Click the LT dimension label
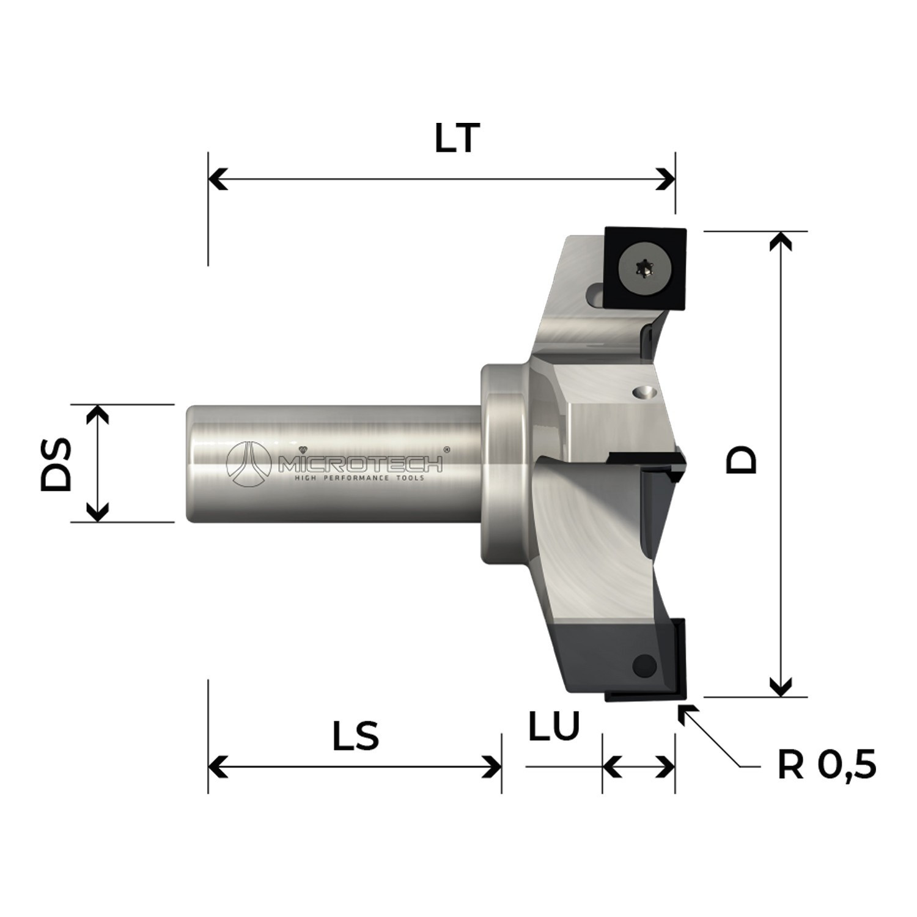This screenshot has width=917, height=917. (x=457, y=139)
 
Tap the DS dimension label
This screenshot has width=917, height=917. (x=56, y=463)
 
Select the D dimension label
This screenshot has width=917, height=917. (x=741, y=460)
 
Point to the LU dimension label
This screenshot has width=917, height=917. (x=553, y=726)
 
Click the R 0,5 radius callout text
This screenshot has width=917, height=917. (x=827, y=765)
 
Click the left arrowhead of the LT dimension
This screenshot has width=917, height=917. (x=216, y=180)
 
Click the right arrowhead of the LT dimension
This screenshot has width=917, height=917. (x=667, y=180)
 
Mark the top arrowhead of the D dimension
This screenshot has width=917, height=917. (x=780, y=240)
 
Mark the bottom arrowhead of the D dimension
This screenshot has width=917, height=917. (x=780, y=688)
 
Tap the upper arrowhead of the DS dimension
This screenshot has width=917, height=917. (x=97, y=414)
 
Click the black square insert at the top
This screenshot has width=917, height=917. (x=646, y=268)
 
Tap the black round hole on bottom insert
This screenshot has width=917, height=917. (x=644, y=665)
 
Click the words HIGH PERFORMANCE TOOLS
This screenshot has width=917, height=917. (x=359, y=477)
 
